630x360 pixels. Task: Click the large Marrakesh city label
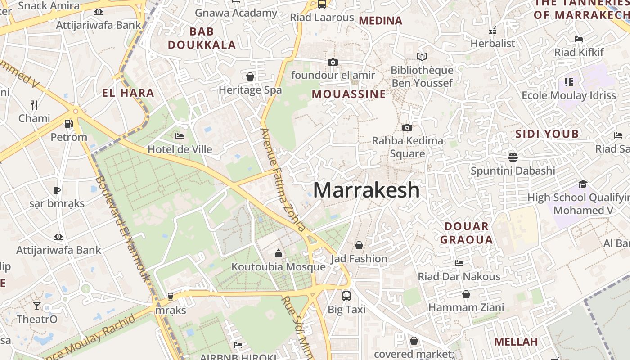click(x=366, y=190)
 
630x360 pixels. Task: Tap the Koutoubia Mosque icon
click(x=279, y=254)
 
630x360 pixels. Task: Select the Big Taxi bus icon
click(x=346, y=296)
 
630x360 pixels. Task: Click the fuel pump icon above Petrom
click(x=68, y=123)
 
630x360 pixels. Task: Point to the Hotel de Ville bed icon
click(x=180, y=136)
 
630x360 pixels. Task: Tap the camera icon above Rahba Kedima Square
click(x=407, y=128)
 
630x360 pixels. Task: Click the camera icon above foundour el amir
click(x=333, y=62)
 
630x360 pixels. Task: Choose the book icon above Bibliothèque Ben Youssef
click(x=422, y=57)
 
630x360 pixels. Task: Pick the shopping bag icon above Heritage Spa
click(x=250, y=76)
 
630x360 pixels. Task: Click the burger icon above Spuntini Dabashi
click(x=513, y=157)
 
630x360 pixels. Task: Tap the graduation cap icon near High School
click(x=583, y=184)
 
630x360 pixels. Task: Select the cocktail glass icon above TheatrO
click(x=37, y=306)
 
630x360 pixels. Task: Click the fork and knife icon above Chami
click(x=34, y=105)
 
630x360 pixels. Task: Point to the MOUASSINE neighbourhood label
click(x=349, y=94)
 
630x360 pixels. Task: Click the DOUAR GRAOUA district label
click(x=466, y=233)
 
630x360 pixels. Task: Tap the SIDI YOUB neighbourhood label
click(x=547, y=134)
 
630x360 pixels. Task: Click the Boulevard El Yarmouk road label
click(x=122, y=227)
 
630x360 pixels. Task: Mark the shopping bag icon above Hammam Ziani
click(x=466, y=294)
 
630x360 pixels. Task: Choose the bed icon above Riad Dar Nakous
click(x=459, y=263)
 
